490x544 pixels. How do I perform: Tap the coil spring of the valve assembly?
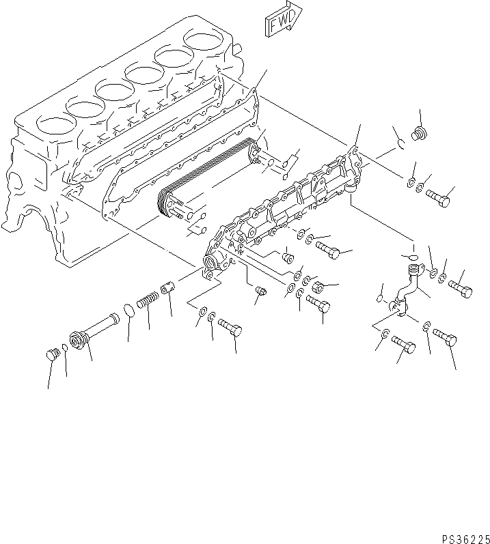[x=148, y=300]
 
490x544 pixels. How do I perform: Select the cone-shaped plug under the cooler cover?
[x=288, y=259]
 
